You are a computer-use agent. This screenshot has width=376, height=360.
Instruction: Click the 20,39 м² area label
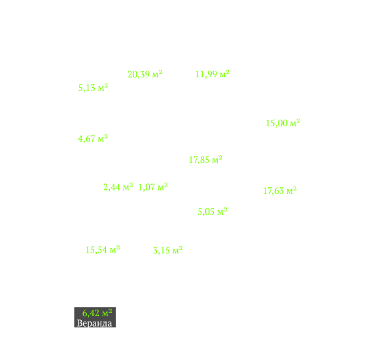(145, 74)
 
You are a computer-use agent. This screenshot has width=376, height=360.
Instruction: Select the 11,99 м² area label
(213, 74)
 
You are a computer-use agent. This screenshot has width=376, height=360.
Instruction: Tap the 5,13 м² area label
(93, 88)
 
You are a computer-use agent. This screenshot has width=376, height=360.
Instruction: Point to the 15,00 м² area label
(283, 123)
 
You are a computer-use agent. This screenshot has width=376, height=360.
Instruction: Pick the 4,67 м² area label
(93, 139)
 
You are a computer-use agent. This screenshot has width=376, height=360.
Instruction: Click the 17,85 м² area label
(205, 160)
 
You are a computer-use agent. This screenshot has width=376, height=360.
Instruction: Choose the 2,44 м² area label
(118, 187)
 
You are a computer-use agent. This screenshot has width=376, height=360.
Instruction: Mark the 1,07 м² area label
(153, 187)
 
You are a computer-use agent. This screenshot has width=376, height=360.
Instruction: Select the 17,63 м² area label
(280, 190)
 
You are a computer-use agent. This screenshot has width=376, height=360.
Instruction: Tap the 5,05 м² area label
(213, 211)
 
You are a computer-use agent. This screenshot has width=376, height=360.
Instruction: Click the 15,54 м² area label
(103, 249)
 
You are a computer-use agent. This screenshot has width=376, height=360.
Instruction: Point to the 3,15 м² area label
(168, 250)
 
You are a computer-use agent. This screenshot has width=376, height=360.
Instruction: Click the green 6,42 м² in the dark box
(97, 313)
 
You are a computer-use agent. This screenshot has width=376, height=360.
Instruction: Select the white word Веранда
(94, 323)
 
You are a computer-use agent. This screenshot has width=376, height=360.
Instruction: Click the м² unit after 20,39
(157, 74)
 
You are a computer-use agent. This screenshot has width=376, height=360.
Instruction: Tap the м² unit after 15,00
(295, 122)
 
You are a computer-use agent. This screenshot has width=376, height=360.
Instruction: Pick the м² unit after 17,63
(292, 190)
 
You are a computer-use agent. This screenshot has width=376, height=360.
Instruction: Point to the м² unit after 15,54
(114, 249)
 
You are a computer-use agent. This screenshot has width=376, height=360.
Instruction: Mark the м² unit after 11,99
(224, 74)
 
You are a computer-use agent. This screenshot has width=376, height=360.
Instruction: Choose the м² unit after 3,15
(177, 250)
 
